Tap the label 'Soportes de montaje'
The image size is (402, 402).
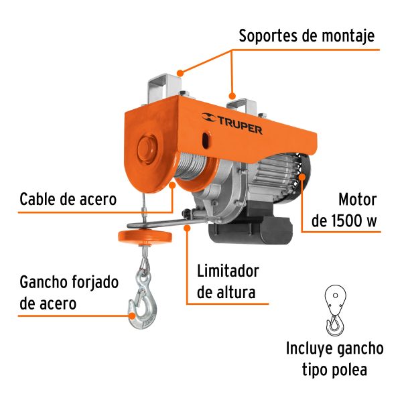pos(306,36)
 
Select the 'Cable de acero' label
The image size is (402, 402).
pos(68,199)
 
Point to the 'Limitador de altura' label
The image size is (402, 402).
pos(227,281)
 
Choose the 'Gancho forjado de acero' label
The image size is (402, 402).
pos(69,292)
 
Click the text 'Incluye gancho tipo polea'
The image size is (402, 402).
pos(334,358)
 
